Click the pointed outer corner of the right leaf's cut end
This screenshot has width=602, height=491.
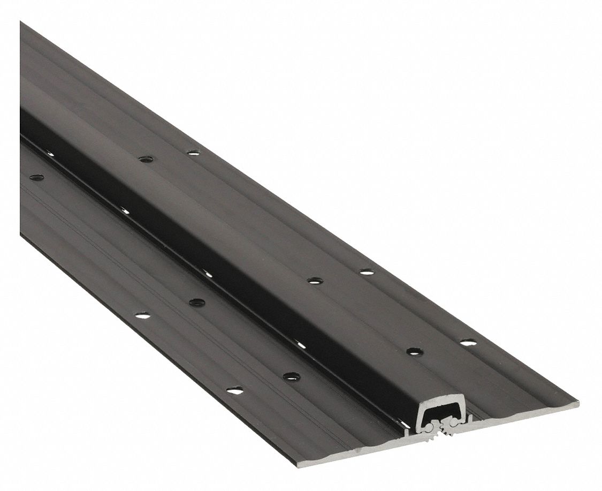(577, 401)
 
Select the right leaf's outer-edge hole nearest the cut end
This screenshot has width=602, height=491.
(468, 342)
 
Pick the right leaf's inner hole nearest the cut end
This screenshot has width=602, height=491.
(414, 352)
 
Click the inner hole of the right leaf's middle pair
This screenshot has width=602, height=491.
(315, 280)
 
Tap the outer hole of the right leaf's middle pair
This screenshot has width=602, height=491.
(367, 272)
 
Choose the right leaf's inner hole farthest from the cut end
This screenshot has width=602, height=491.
(146, 158)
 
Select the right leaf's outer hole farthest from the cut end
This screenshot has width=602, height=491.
(194, 153)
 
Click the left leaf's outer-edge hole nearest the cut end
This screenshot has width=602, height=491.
(234, 390)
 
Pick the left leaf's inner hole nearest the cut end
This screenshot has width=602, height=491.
(291, 376)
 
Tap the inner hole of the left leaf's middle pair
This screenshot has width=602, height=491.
(196, 303)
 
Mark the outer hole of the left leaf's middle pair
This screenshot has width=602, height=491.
(142, 315)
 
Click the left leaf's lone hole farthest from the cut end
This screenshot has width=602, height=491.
(36, 177)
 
